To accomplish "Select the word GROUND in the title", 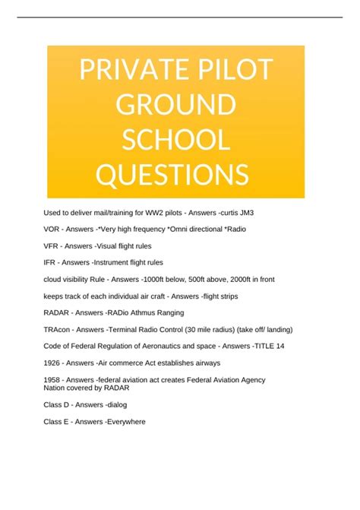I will pyautogui.click(x=175, y=106).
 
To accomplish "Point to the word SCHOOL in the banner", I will pyautogui.click(x=175, y=140).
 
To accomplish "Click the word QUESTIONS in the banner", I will pyautogui.click(x=172, y=175).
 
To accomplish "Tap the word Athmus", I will pyautogui.click(x=155, y=313).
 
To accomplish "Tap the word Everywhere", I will pyautogui.click(x=125, y=421).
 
